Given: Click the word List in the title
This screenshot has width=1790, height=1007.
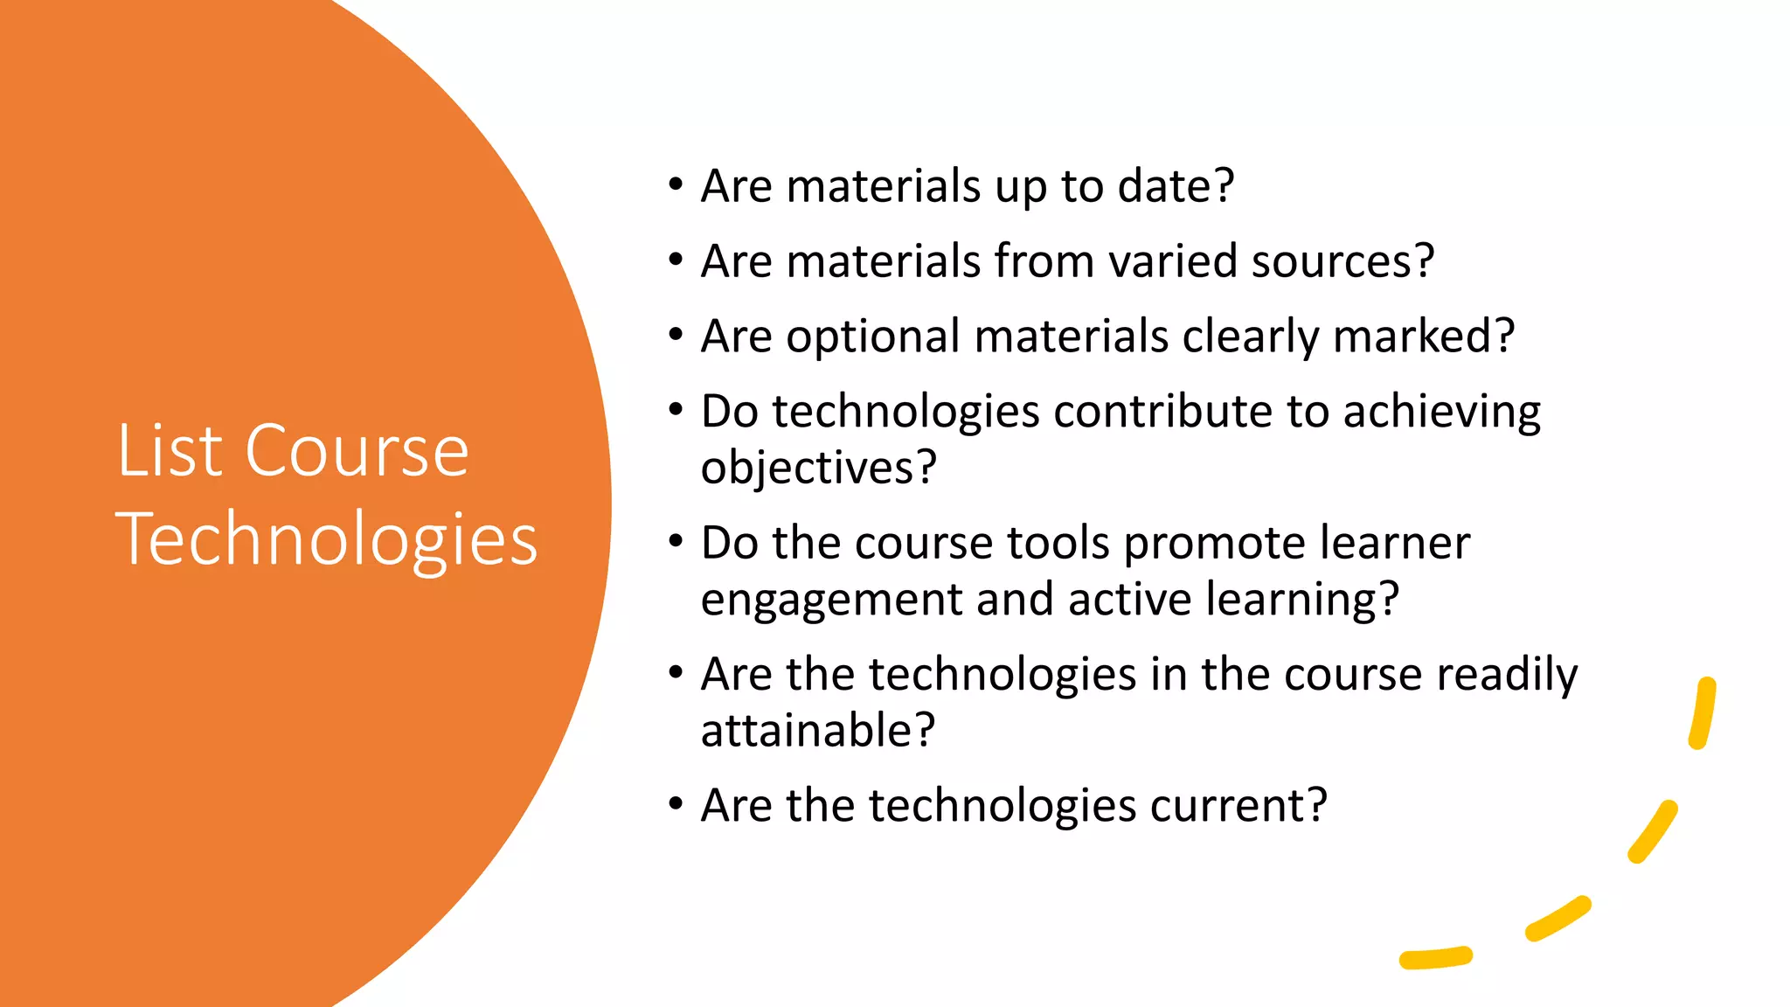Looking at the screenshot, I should coord(170,451).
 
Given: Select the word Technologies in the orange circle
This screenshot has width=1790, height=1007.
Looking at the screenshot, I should coord(326,540).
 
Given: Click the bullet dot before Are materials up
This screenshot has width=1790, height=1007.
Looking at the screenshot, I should coord(675,184).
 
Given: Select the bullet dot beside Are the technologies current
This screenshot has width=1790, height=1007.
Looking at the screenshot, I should coord(675,803).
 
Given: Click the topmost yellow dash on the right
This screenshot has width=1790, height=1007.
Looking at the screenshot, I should coord(1703,713).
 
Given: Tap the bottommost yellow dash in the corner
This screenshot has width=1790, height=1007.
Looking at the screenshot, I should coord(1436,958).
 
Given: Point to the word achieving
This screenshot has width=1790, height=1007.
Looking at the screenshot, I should coord(1441,412).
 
